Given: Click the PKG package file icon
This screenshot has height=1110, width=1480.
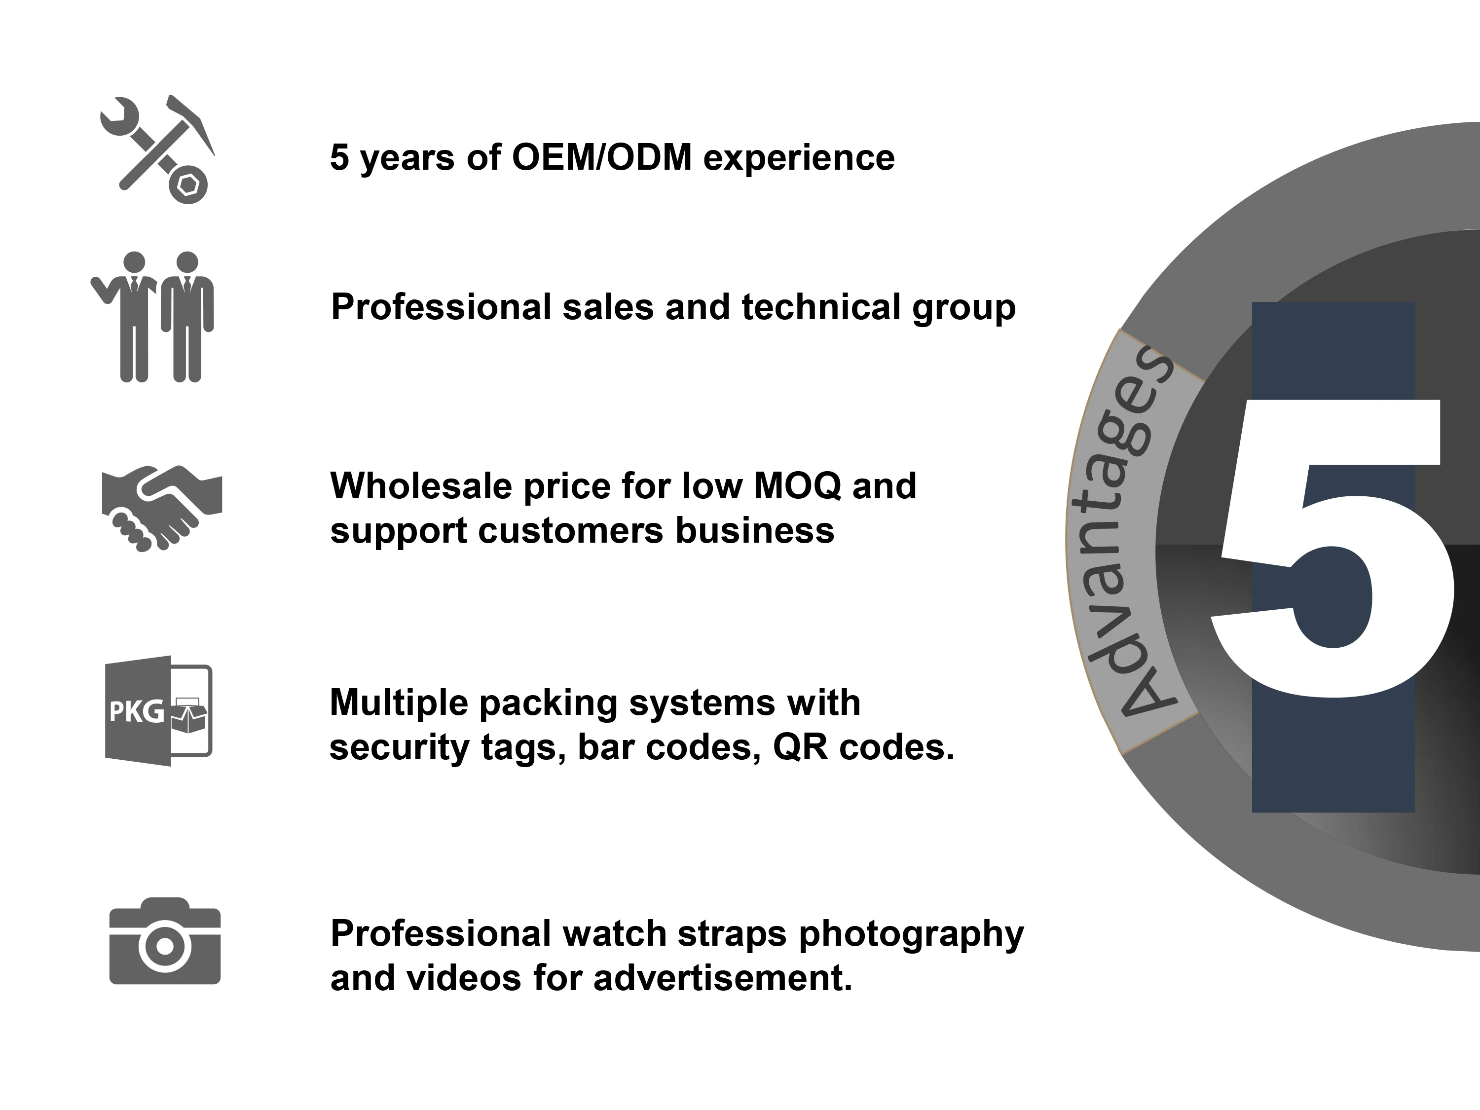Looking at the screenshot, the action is click(x=158, y=710).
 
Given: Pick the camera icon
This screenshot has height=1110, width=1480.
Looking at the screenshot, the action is click(x=165, y=941).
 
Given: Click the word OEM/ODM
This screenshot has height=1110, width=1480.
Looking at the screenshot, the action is click(x=601, y=158).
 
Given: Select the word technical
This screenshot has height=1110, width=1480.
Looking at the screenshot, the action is click(x=821, y=307).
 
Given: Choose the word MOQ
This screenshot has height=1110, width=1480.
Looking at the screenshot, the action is click(x=797, y=487).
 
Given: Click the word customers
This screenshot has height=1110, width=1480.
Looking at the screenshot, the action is click(x=571, y=531).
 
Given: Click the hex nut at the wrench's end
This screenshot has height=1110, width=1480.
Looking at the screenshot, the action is click(x=187, y=184).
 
